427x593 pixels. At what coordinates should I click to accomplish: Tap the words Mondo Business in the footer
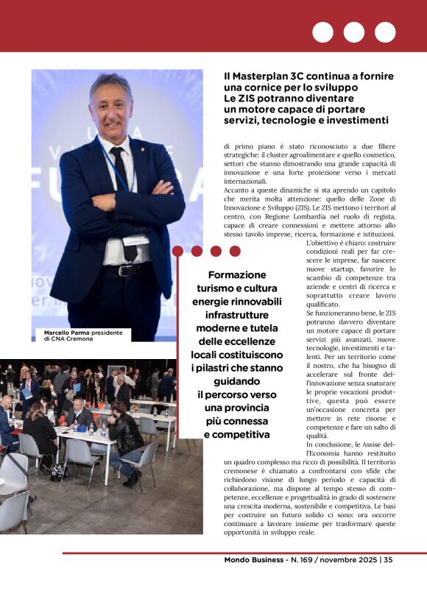coord(254,560)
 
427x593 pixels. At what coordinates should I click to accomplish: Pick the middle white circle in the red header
coord(353,32)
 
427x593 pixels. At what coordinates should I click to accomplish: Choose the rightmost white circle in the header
coord(385,32)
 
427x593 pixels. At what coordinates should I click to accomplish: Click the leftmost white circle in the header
coord(322,32)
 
